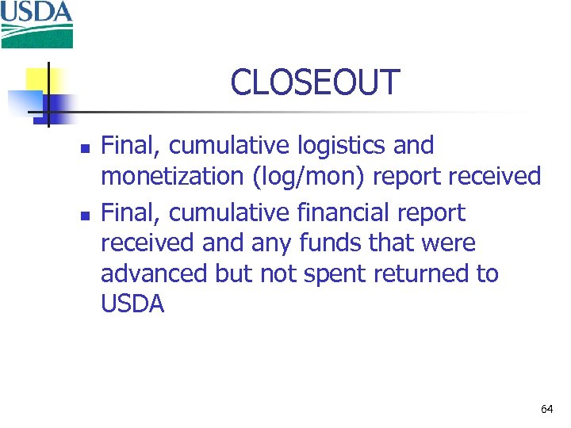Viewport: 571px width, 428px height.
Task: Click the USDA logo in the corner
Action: (x=37, y=24)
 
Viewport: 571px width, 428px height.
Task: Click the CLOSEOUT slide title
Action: (x=315, y=82)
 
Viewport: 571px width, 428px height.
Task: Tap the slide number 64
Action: (x=546, y=409)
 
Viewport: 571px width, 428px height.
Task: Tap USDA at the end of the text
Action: (x=132, y=304)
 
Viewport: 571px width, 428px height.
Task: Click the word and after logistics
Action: (x=412, y=146)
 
